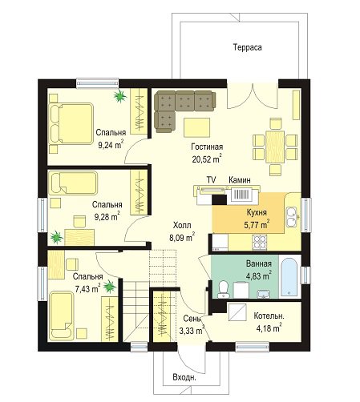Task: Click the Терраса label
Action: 247,47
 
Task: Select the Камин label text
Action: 240,180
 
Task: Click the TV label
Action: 211,180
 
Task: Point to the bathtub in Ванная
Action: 289,275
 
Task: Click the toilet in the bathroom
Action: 223,290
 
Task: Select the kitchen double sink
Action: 291,217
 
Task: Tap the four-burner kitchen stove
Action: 260,242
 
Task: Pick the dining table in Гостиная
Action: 275,147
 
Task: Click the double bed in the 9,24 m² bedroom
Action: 71,124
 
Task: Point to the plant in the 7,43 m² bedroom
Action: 110,287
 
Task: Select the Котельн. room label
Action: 269,316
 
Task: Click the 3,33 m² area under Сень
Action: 192,331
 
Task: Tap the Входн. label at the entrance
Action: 184,378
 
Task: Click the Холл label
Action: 182,225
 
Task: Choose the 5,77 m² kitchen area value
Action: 257,224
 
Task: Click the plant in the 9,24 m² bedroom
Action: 119,96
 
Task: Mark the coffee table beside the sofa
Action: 196,128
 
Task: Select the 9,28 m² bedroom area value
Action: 107,216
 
